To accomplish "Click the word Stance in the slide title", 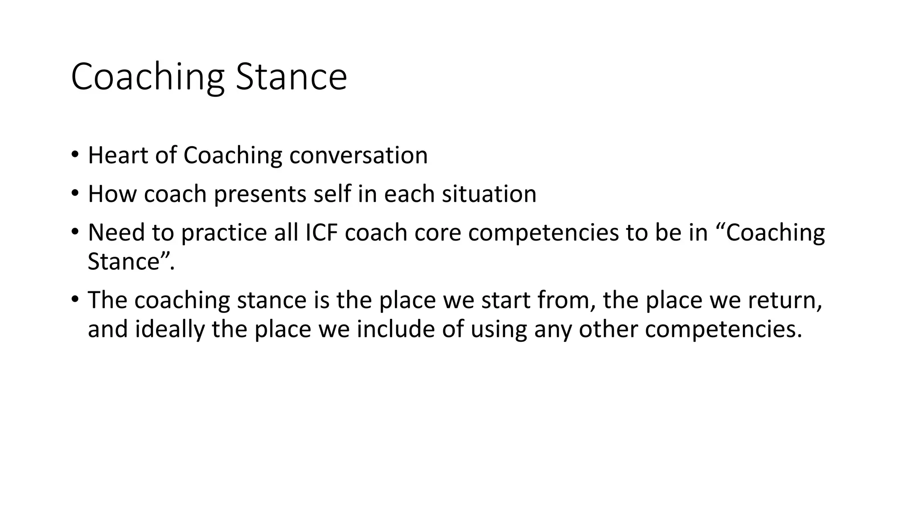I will pyautogui.click(x=291, y=77).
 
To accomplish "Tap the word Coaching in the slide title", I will pyautogui.click(x=148, y=77).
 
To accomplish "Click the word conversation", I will pyautogui.click(x=358, y=156).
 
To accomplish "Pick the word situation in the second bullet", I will pyautogui.click(x=489, y=194).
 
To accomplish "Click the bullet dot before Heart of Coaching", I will pyautogui.click(x=75, y=155).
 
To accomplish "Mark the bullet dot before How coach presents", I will pyautogui.click(x=75, y=194).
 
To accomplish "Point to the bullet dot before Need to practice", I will pyautogui.click(x=75, y=232).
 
